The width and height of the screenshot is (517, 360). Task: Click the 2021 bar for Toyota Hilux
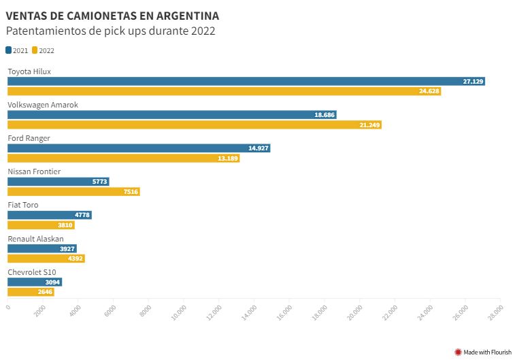click(245, 82)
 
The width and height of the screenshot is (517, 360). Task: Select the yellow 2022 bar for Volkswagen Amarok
click(194, 125)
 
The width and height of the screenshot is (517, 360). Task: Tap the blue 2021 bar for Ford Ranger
click(139, 148)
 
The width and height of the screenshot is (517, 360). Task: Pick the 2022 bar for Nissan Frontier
click(73, 192)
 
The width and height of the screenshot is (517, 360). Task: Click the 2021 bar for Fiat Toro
click(49, 215)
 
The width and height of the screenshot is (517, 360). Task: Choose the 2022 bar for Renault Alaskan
click(46, 259)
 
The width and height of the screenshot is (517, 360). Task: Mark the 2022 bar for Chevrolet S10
click(31, 292)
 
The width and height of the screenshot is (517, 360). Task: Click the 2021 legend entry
click(17, 50)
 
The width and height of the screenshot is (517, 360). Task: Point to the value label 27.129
click(473, 82)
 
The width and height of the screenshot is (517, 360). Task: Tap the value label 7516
click(131, 192)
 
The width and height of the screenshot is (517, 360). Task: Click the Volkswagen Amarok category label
click(43, 105)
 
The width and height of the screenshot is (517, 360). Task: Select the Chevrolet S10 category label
click(32, 272)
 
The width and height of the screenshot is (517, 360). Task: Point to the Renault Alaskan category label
click(35, 239)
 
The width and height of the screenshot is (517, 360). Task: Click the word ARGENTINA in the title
click(186, 16)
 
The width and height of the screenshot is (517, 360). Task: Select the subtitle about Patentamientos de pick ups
click(111, 31)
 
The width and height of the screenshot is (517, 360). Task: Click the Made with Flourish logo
click(483, 352)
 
